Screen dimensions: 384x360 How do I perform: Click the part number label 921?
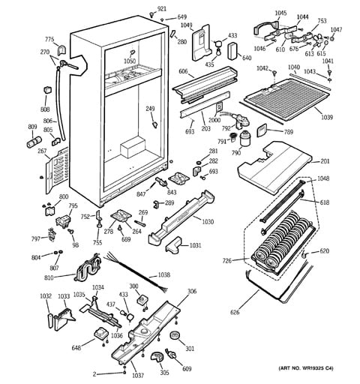161,9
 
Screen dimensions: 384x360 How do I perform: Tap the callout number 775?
49,39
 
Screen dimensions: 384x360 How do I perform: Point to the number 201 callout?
325,161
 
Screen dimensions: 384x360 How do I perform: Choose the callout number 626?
236,312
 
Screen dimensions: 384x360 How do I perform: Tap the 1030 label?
208,221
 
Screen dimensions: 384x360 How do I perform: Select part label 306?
192,291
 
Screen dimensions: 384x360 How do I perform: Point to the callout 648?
76,347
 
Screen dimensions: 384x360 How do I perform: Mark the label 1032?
46,297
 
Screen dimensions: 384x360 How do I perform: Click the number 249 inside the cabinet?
150,109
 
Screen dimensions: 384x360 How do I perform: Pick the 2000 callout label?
215,121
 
